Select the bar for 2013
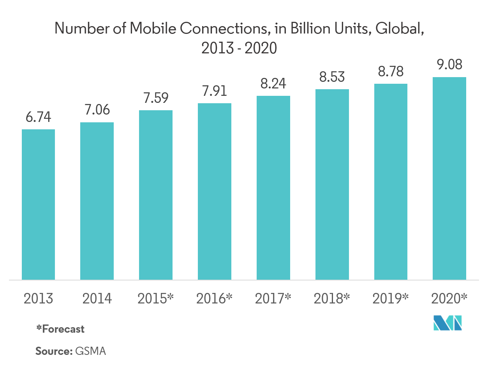point(38,204)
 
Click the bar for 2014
point(97,201)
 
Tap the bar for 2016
point(215,191)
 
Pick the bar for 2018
point(332,184)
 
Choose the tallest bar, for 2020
point(449,178)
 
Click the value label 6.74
point(39,117)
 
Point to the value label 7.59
point(156,98)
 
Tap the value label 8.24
point(273,83)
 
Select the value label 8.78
point(391,71)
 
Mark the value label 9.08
point(449,65)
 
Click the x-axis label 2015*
point(156,299)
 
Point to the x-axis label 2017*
point(273,299)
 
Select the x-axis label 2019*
point(391,299)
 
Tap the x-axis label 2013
point(38,299)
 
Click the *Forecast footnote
point(60,329)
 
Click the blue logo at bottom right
point(448,324)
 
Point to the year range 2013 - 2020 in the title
point(239,48)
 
